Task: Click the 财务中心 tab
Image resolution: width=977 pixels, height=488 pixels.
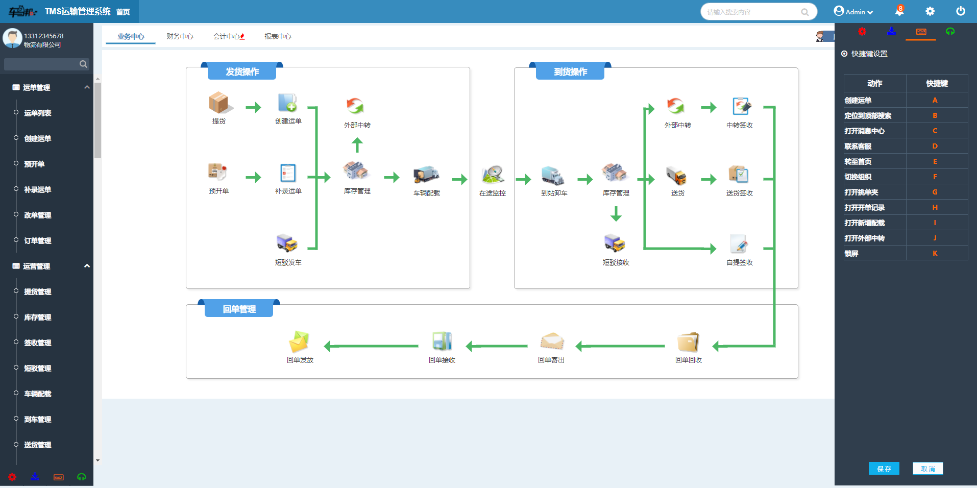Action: click(x=180, y=36)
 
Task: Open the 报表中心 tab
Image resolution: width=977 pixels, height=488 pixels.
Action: click(x=278, y=36)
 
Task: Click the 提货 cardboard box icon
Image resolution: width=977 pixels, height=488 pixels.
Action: click(x=219, y=103)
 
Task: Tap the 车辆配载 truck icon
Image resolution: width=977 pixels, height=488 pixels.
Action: click(x=426, y=175)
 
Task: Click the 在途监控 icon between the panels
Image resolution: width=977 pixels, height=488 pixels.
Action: click(x=493, y=175)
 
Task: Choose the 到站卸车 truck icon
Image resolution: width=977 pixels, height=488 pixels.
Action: click(x=554, y=175)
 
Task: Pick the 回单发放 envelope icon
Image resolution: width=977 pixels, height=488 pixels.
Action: click(x=300, y=342)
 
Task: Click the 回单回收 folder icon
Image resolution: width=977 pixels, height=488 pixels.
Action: click(x=688, y=342)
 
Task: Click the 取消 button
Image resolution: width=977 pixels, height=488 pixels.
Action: click(x=927, y=469)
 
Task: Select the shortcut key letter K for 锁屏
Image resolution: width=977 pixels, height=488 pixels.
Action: click(x=935, y=253)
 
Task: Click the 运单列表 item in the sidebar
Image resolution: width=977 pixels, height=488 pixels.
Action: click(x=38, y=113)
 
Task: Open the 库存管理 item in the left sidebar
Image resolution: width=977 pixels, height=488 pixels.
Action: click(x=38, y=317)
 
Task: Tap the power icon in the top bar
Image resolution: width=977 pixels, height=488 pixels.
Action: click(x=960, y=11)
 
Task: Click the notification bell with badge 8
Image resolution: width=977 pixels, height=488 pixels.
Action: click(x=899, y=11)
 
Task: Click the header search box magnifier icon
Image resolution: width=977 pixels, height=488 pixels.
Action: click(x=805, y=12)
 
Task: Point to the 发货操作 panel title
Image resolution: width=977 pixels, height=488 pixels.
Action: click(x=242, y=72)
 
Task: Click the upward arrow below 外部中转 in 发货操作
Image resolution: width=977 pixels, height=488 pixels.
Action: click(x=357, y=145)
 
